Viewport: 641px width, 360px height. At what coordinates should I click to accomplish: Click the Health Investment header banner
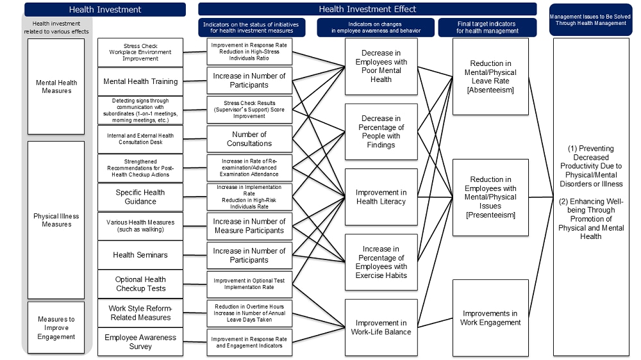tap(105, 10)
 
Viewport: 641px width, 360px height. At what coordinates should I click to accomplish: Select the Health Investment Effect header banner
tap(367, 10)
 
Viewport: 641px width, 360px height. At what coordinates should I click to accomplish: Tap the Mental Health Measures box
tap(56, 86)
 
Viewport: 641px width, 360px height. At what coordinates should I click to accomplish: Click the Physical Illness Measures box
tap(56, 220)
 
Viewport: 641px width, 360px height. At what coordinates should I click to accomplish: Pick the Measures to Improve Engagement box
tap(56, 327)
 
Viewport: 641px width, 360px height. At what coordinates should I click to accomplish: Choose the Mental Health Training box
tap(140, 81)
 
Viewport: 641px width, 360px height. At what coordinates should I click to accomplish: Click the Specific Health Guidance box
tap(140, 197)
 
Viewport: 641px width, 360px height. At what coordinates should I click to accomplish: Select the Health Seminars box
tap(140, 255)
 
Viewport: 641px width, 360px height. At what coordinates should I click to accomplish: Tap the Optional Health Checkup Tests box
tap(140, 284)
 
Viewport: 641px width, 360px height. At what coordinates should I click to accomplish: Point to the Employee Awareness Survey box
tap(140, 342)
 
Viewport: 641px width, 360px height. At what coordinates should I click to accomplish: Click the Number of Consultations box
tap(249, 139)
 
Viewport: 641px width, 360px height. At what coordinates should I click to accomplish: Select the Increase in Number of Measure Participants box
tap(249, 226)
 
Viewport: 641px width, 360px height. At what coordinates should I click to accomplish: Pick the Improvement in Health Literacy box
tap(381, 197)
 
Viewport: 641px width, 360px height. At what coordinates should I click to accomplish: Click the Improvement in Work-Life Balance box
tap(381, 327)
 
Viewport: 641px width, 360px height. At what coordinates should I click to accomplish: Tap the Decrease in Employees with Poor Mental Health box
tap(381, 66)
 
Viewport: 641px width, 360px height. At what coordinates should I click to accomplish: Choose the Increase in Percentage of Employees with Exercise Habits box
tap(381, 262)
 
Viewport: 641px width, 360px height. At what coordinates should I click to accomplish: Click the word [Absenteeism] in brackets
tap(490, 90)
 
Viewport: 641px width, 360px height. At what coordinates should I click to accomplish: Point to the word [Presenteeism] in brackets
tap(490, 215)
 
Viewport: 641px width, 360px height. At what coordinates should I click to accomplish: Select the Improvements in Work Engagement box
tap(490, 318)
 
